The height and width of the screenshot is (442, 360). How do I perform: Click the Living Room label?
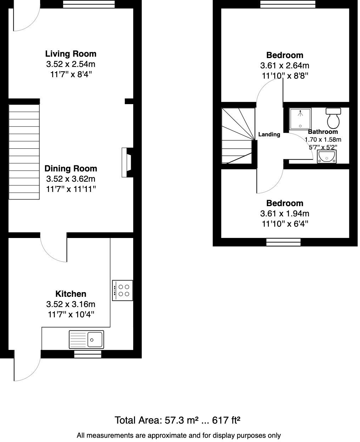pos(71,54)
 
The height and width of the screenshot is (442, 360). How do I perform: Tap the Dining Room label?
pos(71,169)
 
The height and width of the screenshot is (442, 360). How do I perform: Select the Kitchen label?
pos(71,294)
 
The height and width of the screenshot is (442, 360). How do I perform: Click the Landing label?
pos(269,135)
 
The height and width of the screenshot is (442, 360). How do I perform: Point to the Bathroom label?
pos(322,132)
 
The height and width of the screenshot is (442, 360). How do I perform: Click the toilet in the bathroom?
pos(333,118)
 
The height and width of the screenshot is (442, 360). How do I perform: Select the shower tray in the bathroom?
pos(300,118)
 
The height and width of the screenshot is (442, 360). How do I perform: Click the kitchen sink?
pos(86,340)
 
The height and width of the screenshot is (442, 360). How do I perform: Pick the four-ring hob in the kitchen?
pos(123,290)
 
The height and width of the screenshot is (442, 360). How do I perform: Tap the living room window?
pos(89,4)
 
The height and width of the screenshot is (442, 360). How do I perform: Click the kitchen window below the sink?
pos(89,354)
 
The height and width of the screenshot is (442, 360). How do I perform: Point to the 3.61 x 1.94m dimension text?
pos(285,214)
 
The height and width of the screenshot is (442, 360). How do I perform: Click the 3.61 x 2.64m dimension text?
pos(285,66)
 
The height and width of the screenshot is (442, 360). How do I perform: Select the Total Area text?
pos(178,420)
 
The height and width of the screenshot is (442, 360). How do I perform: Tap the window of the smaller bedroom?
pos(283,242)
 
